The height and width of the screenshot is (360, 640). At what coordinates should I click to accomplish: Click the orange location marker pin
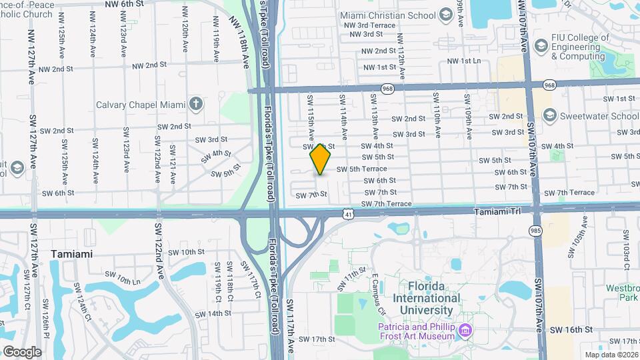click(321, 159)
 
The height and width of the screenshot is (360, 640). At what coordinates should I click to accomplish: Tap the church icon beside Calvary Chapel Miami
click(195, 104)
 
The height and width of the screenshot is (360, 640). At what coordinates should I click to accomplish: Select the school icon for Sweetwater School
click(549, 115)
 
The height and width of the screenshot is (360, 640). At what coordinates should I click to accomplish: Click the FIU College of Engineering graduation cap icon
click(540, 45)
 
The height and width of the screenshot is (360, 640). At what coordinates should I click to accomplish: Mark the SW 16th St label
click(571, 329)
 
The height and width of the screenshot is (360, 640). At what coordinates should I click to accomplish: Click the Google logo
click(22, 352)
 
